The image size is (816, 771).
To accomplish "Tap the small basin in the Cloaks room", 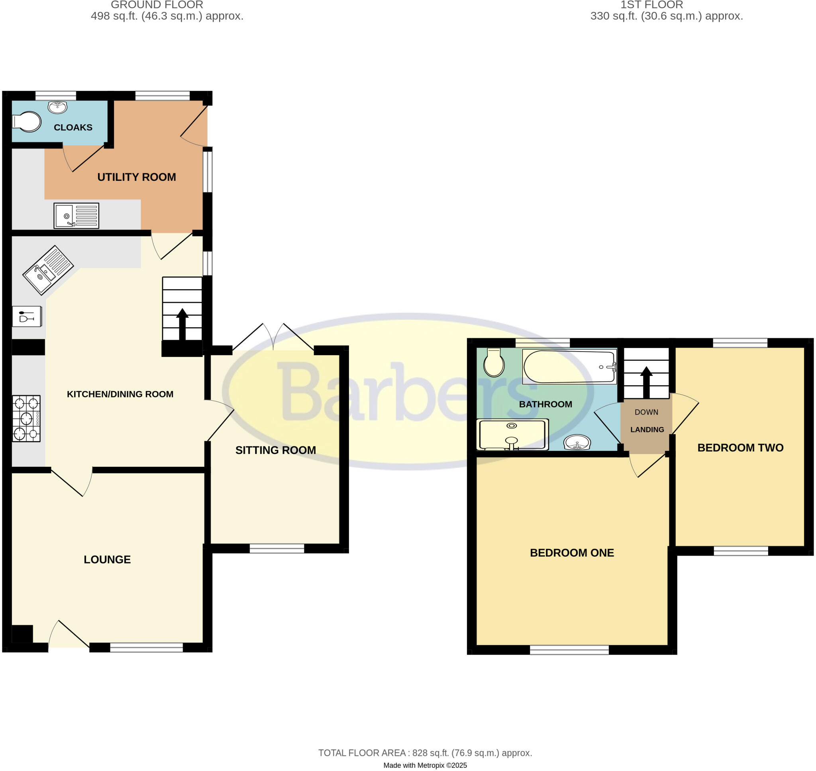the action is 57,107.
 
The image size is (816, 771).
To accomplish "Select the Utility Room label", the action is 137,177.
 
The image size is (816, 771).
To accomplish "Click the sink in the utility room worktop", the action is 76,216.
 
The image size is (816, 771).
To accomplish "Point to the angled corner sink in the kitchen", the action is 48,270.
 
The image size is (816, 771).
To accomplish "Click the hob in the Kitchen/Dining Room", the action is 26,419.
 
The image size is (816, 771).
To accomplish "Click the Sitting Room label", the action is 275,450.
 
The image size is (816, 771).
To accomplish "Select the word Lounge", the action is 107,560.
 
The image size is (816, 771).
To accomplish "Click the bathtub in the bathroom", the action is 569,367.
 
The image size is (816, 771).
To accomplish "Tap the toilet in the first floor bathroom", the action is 494,362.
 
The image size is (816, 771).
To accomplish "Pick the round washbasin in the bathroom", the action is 577,442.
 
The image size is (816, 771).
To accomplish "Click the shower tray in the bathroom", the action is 512,434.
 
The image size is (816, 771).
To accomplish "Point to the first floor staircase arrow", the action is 646,382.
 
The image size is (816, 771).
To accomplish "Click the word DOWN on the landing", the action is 646,412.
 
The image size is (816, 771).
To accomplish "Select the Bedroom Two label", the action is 740,448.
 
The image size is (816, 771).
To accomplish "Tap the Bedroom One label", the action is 572,553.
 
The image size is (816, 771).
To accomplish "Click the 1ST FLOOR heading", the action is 651,5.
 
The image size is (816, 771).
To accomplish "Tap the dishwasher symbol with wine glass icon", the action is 27,317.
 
